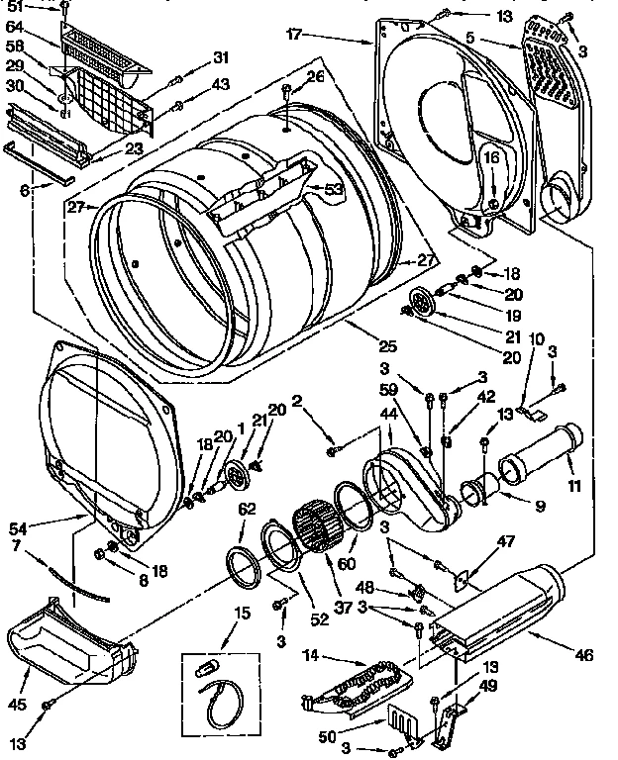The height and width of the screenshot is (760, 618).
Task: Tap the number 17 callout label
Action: click(293, 34)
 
